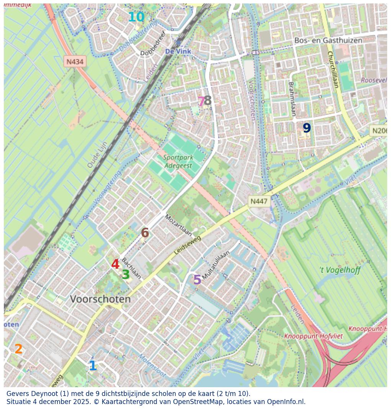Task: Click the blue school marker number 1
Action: click(93, 366)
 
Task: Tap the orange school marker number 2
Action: click(18, 349)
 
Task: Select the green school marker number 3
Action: click(126, 275)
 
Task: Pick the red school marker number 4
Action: click(115, 264)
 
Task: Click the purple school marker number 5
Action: click(197, 280)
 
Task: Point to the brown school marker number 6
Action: click(145, 233)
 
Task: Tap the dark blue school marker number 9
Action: click(307, 128)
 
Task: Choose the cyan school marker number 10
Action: click(136, 17)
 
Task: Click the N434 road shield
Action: click(75, 62)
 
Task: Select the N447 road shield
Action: click(259, 201)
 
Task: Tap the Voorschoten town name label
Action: click(100, 299)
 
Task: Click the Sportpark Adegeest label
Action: click(178, 162)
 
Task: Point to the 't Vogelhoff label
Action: click(340, 270)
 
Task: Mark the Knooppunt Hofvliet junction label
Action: click(313, 336)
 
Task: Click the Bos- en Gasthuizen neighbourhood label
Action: click(328, 40)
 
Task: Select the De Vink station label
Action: click(178, 51)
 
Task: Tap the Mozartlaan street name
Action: click(178, 225)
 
